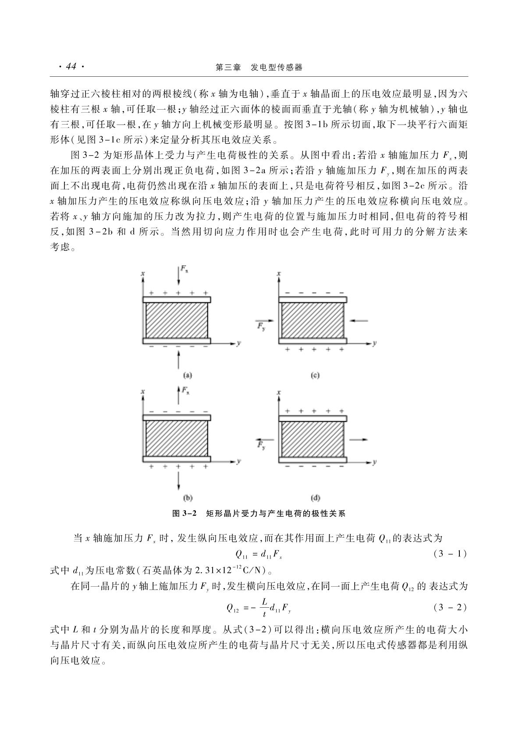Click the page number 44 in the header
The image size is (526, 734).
pyautogui.click(x=71, y=67)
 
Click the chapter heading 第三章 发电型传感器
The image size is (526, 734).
pyautogui.click(x=259, y=67)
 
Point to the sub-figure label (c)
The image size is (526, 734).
pyautogui.click(x=315, y=375)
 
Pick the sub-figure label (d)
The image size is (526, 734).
pyautogui.click(x=315, y=498)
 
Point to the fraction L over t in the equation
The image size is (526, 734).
pyautogui.click(x=264, y=608)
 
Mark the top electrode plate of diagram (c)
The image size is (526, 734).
pyautogui.click(x=313, y=299)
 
